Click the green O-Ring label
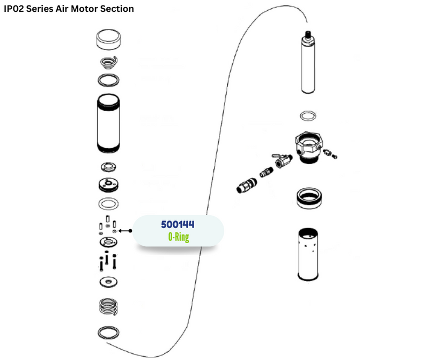[x=178, y=237]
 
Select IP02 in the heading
[x=14, y=9]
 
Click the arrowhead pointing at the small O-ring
[x=120, y=231]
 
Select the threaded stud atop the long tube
[x=308, y=36]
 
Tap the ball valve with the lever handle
[x=282, y=159]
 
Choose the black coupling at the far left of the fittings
[x=244, y=186]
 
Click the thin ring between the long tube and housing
[x=308, y=116]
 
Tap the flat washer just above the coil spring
[x=108, y=281]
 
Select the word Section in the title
[x=118, y=9]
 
